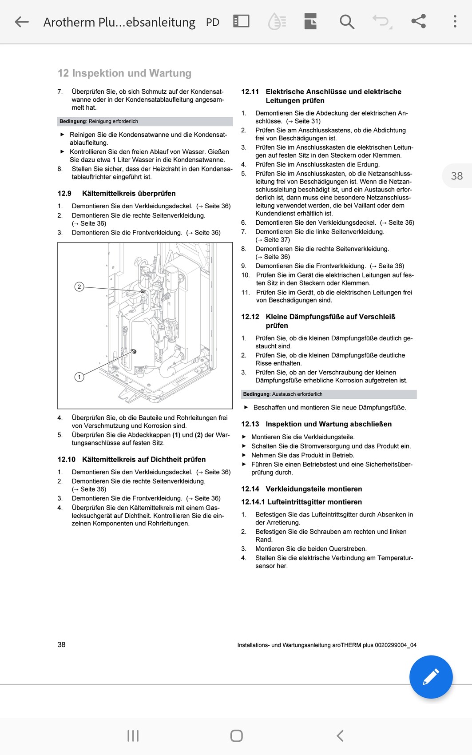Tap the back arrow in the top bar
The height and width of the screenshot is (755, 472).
pyautogui.click(x=21, y=22)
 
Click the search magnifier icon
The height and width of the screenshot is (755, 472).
pyautogui.click(x=347, y=22)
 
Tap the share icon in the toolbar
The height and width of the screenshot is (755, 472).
pyautogui.click(x=418, y=21)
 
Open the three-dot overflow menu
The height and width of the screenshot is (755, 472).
pyautogui.click(x=455, y=21)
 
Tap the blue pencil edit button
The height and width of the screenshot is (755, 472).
pyautogui.click(x=431, y=677)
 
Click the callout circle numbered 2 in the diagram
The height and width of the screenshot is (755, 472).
pyautogui.click(x=79, y=287)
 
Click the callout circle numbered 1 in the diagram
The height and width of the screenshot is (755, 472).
pyautogui.click(x=79, y=377)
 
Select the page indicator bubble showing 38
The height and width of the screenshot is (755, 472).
pyautogui.click(x=456, y=176)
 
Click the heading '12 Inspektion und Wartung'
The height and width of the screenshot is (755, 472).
pyautogui.click(x=124, y=73)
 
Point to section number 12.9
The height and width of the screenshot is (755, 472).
pyautogui.click(x=64, y=194)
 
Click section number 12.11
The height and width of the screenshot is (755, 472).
pyautogui.click(x=250, y=92)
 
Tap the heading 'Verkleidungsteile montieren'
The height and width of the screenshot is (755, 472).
pyautogui.click(x=313, y=489)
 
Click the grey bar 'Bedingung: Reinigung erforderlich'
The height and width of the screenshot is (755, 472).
pyautogui.click(x=145, y=121)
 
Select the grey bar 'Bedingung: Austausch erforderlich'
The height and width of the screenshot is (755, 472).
pyautogui.click(x=329, y=394)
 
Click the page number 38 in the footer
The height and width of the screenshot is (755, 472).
pyautogui.click(x=61, y=644)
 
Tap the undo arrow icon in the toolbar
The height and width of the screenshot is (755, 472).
pyautogui.click(x=381, y=21)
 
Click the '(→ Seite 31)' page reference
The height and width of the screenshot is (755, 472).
pyautogui.click(x=303, y=121)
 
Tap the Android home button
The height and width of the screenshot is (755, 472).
pyautogui.click(x=236, y=736)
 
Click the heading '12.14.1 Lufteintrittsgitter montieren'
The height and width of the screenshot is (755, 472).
pyautogui.click(x=301, y=502)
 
